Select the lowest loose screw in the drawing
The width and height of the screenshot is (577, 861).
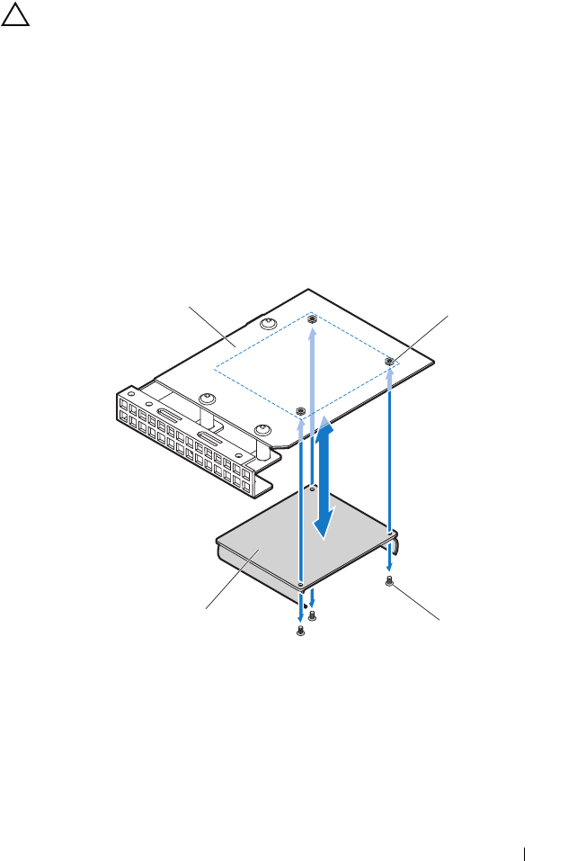pyautogui.click(x=300, y=632)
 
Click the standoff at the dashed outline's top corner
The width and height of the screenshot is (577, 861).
pyautogui.click(x=311, y=319)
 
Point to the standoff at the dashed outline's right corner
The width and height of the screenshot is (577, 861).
pyautogui.click(x=389, y=362)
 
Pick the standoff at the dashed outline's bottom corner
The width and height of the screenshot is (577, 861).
pyautogui.click(x=300, y=410)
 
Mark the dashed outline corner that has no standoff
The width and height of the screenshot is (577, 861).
pyautogui.click(x=214, y=367)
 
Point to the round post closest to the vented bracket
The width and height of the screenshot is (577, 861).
pyautogui.click(x=207, y=399)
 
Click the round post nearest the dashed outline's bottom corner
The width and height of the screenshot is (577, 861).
pyautogui.click(x=262, y=430)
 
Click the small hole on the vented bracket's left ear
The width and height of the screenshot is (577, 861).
pyautogui.click(x=131, y=392)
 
